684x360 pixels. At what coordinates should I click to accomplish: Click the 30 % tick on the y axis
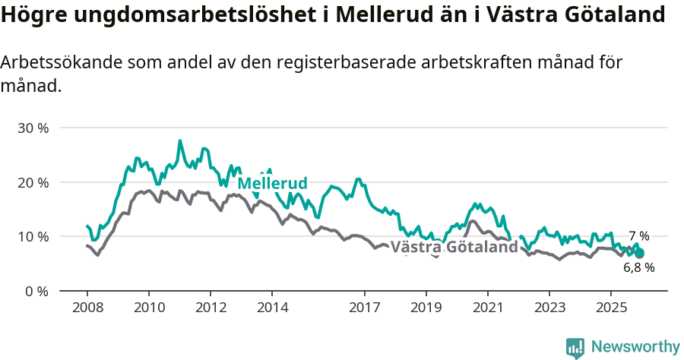coord(33,128)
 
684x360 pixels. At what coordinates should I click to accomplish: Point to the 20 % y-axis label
coord(33,182)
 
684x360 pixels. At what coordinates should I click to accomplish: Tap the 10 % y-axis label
coord(33,236)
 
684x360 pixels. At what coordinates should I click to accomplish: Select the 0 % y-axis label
coord(36,291)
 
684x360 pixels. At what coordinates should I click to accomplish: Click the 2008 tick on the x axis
coord(87,308)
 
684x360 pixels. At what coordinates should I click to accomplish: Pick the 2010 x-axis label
coord(149,308)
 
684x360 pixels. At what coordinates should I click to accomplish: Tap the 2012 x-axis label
coord(211,308)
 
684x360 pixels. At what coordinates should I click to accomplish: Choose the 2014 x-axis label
coord(272,308)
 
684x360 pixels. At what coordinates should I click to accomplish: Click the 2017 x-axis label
coord(364,308)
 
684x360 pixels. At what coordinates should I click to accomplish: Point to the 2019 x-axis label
coord(426,308)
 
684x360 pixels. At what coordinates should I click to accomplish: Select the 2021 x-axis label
coord(487,308)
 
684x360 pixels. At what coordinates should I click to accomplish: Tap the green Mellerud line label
coord(272,184)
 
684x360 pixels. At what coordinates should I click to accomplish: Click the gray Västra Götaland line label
coord(454,248)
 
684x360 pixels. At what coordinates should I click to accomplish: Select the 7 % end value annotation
coord(638,236)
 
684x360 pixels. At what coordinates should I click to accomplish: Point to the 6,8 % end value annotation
coord(638,267)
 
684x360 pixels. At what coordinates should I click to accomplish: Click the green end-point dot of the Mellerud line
coord(639,253)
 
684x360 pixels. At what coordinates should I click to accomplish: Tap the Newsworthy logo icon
coord(575,348)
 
